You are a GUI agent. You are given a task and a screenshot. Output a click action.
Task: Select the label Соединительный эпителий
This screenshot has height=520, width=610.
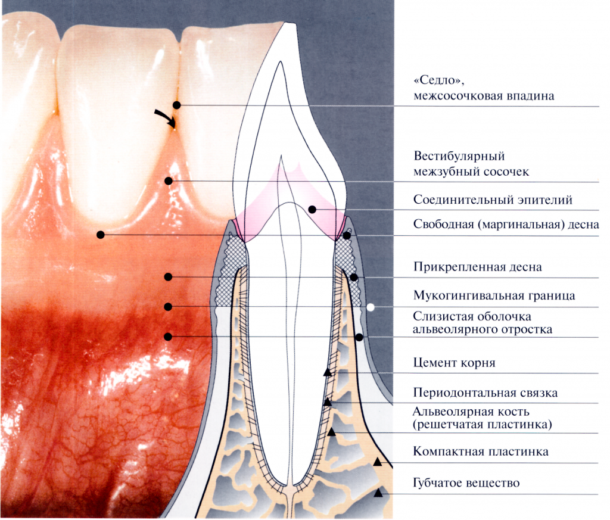493,200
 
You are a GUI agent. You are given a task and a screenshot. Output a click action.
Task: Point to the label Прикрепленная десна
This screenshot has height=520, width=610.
478,267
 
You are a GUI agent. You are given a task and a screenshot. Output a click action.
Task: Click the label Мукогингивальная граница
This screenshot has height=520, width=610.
494,295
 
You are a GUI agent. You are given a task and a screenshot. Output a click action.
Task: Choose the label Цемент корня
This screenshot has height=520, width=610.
454,363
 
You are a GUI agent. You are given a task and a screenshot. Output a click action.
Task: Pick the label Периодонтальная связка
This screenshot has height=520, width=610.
485,394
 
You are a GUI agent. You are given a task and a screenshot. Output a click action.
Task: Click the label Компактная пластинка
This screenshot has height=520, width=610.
481,452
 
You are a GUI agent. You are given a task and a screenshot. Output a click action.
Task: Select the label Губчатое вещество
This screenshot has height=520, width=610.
466,483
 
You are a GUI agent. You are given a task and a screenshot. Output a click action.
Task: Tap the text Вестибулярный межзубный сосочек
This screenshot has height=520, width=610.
471,164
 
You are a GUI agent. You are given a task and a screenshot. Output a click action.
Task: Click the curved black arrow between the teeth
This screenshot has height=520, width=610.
167,118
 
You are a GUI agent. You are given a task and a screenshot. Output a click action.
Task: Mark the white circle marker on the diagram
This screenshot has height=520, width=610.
371,307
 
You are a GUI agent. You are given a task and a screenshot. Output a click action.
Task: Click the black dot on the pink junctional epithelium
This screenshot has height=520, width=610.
312,209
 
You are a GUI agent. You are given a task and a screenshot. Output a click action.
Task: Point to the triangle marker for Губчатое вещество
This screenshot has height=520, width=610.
378,493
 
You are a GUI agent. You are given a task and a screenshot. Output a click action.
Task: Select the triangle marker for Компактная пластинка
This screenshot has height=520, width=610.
377,462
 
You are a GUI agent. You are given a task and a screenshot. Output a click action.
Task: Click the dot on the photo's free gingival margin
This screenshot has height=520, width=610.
101,235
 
